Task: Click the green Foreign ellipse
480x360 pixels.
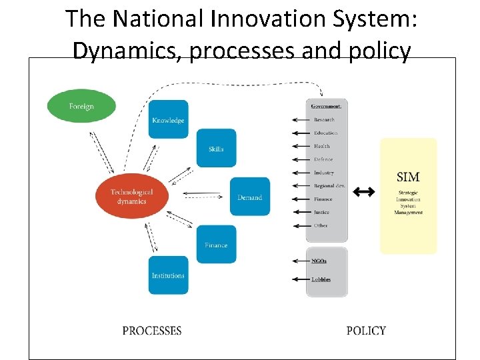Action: tap(81, 106)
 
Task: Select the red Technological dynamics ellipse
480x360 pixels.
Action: tap(131, 196)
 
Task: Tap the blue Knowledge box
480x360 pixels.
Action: tap(168, 120)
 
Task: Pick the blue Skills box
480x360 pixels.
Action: tap(216, 149)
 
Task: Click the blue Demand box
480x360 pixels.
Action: tap(250, 197)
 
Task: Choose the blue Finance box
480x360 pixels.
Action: tap(216, 245)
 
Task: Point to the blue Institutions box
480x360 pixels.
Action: tap(168, 275)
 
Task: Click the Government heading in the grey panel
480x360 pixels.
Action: tap(327, 106)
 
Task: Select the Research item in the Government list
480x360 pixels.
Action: tap(324, 120)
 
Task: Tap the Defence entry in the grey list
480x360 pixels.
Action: tap(323, 159)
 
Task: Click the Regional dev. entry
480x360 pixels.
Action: tap(329, 186)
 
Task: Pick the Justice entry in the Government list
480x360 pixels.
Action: tap(321, 212)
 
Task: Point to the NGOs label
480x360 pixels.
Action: tap(319, 261)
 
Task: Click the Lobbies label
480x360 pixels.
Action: tap(321, 279)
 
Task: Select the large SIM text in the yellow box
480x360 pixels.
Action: tap(408, 177)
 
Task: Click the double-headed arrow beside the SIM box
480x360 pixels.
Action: tap(363, 192)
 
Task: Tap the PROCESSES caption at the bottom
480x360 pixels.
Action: tap(152, 331)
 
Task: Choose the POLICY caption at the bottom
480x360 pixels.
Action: tap(366, 331)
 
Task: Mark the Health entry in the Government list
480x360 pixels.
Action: tap(322, 146)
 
